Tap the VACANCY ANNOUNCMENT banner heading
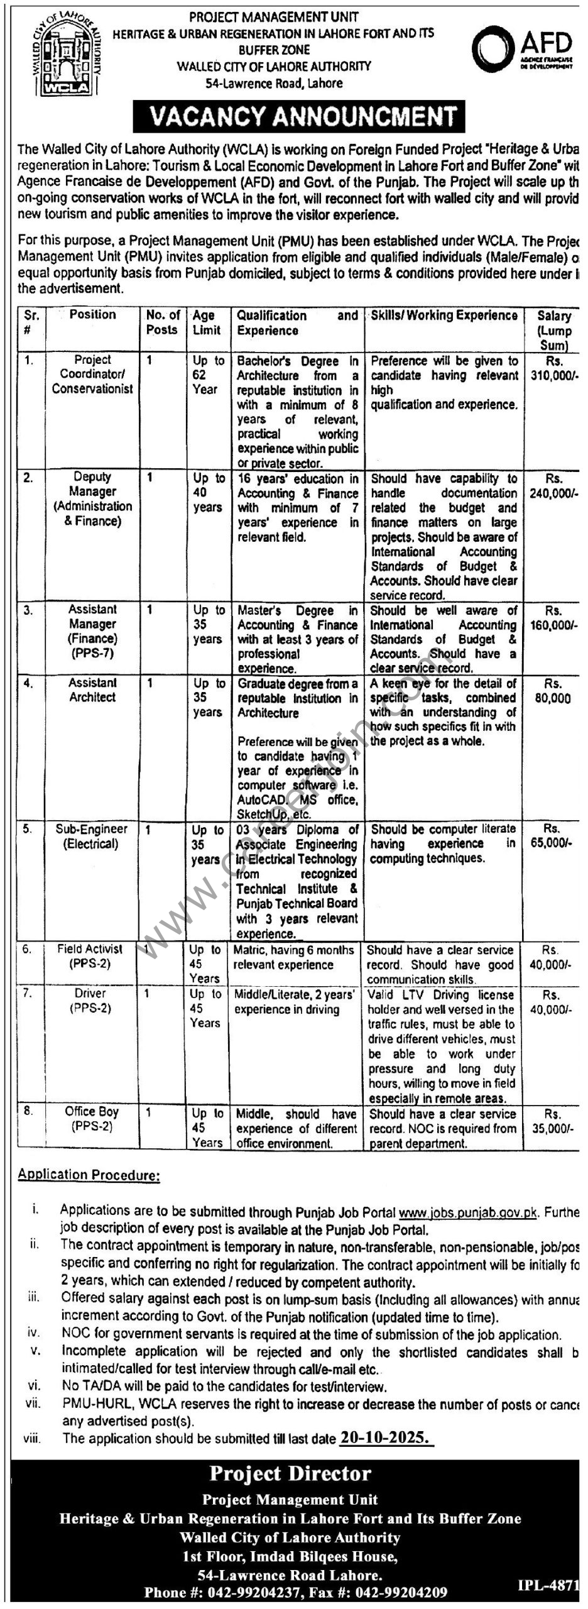coord(298,116)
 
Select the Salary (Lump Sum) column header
coord(553,330)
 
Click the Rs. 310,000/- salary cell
coord(553,368)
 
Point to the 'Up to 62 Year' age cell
coord(208,375)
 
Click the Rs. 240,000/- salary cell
coord(553,486)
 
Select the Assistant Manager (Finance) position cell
coord(92,631)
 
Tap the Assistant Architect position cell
coord(92,689)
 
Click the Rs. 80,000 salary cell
coord(553,690)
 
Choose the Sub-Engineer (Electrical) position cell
coord(91,836)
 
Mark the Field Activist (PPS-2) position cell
coord(90,956)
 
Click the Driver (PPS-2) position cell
coord(90,1000)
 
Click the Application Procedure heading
coord(89,1175)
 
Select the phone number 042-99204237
coord(263,1588)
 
